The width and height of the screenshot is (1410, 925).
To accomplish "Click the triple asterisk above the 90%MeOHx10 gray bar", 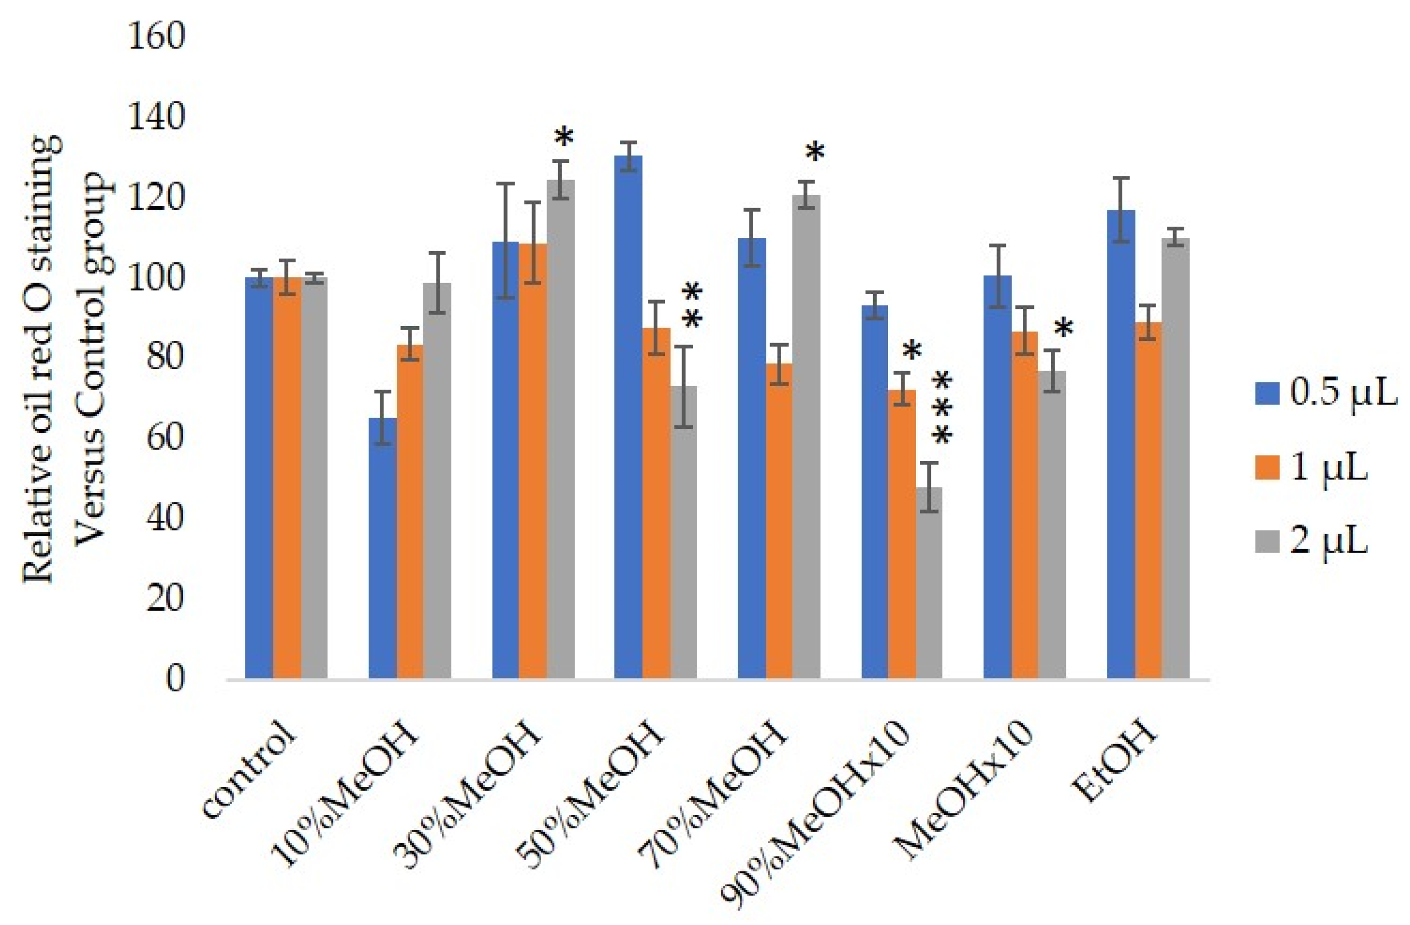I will (942, 409).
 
